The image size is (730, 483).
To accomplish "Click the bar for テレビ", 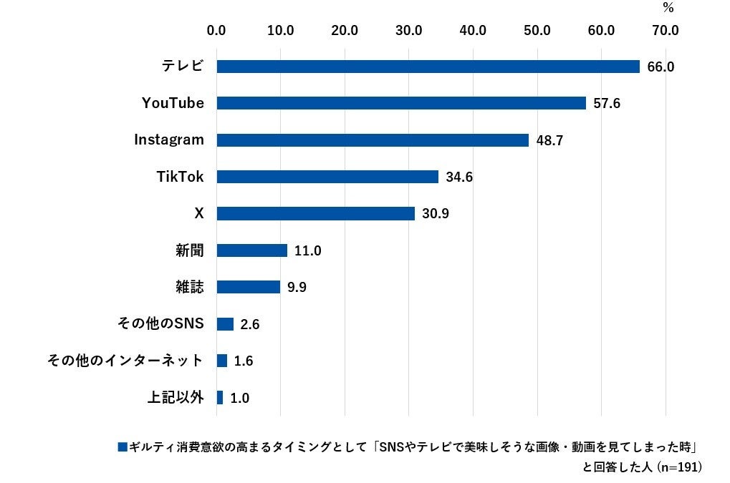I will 428,67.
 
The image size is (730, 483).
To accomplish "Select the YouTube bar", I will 401,103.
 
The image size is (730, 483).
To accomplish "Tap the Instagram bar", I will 373,140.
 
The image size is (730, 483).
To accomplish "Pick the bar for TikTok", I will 327,177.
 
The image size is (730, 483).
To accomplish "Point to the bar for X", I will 315,213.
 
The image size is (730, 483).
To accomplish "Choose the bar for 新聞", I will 251,250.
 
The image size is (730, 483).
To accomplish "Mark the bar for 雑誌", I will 248,287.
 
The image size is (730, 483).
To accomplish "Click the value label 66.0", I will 661,67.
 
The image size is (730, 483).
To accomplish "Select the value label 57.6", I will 606,104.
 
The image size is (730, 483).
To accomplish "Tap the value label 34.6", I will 459,177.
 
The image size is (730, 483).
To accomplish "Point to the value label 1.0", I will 240,398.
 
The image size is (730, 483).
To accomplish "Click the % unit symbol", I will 668,9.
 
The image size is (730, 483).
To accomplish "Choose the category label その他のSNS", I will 161,323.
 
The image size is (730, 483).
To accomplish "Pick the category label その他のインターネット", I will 125,361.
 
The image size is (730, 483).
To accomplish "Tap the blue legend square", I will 122,447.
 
